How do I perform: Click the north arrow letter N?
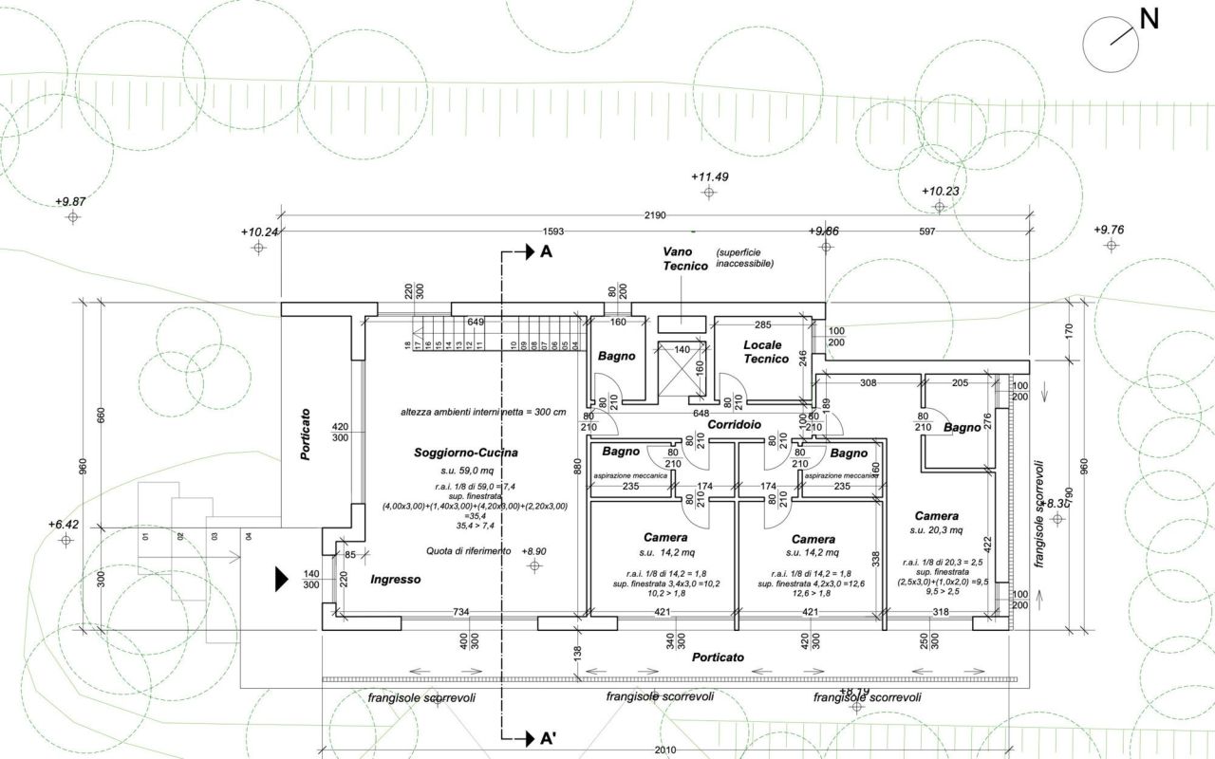click(x=1150, y=18)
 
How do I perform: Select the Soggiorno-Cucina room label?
click(x=466, y=454)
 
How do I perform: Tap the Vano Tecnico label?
click(x=685, y=259)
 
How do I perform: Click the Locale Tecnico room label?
click(x=766, y=352)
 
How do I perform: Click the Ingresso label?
click(x=395, y=579)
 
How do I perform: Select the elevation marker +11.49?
click(x=709, y=177)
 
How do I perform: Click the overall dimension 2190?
click(x=655, y=216)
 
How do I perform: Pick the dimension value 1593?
click(x=553, y=231)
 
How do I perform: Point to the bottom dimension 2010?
click(x=664, y=750)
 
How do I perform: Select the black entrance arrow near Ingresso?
click(x=281, y=579)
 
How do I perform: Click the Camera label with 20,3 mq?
click(x=936, y=516)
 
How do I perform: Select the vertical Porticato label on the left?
click(x=306, y=435)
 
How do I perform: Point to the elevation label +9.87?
click(x=70, y=202)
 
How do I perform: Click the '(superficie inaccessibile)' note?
click(x=744, y=257)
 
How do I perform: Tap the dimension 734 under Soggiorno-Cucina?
click(x=461, y=612)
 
